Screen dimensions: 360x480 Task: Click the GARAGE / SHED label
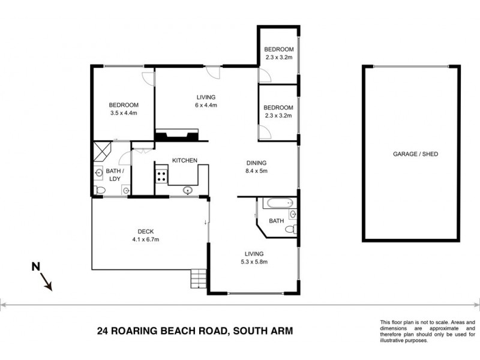click(415, 154)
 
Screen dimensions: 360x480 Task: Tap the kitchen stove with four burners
click(161, 176)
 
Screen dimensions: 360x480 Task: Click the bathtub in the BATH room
click(278, 202)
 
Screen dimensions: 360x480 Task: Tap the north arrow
click(44, 281)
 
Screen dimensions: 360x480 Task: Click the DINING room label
click(256, 163)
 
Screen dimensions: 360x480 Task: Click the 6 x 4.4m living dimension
click(206, 105)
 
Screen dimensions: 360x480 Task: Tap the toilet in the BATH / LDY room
click(100, 190)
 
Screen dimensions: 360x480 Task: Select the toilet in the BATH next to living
click(291, 229)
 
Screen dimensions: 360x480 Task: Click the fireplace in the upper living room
click(176, 135)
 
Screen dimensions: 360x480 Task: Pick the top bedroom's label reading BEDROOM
click(279, 49)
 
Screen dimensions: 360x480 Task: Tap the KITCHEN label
click(185, 160)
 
